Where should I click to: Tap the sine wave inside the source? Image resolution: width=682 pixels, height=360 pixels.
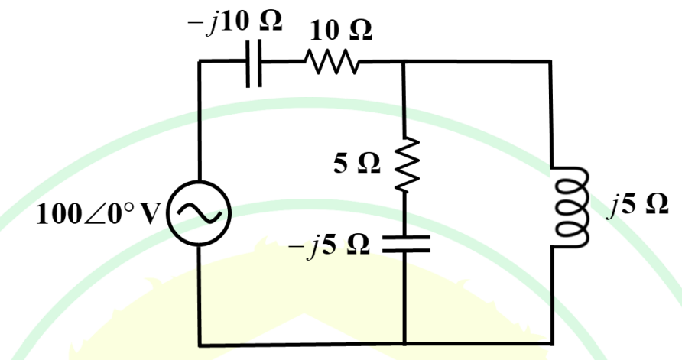click(x=199, y=213)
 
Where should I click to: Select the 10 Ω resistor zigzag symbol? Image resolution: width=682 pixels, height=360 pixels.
click(x=333, y=62)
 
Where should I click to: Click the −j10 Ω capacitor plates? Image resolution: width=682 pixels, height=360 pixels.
click(x=254, y=63)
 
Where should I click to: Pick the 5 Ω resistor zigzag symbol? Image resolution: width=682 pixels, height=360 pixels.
click(x=407, y=164)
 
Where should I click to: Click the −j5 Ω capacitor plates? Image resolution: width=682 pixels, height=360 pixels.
click(x=406, y=244)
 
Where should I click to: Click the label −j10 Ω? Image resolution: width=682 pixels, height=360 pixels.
click(x=235, y=21)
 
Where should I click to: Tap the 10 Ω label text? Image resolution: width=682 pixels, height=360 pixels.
click(x=340, y=31)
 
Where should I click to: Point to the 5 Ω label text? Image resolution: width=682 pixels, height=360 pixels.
click(x=356, y=163)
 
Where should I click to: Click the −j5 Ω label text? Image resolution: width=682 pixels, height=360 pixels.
click(x=329, y=245)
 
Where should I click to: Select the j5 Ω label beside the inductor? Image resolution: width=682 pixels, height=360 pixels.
click(x=638, y=204)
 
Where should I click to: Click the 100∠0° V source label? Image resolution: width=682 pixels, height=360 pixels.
click(x=99, y=214)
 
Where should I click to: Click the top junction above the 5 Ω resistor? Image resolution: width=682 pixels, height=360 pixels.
click(x=404, y=62)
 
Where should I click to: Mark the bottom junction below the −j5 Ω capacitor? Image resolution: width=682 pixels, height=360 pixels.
click(x=404, y=344)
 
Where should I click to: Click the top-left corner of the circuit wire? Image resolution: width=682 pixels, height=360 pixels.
click(x=200, y=61)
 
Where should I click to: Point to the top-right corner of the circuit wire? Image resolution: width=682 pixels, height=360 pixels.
click(x=550, y=62)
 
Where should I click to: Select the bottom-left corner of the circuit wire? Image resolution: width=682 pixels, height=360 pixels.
click(x=200, y=345)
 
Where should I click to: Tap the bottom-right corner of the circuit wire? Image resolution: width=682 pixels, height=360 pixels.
click(x=552, y=343)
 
